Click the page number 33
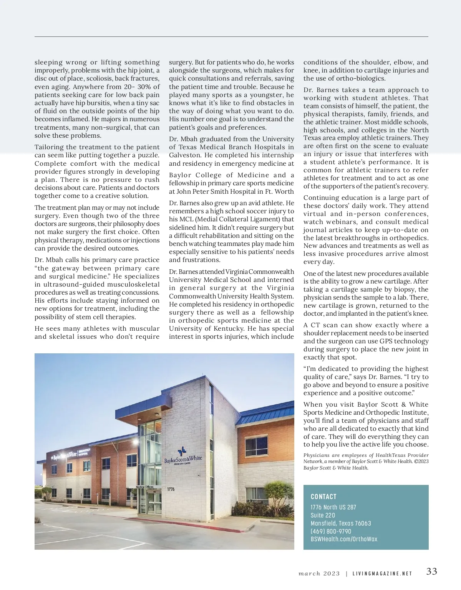(431, 571)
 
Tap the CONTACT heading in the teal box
(323, 496)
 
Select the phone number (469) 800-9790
(331, 531)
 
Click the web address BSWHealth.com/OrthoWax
(344, 539)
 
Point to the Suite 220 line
(323, 515)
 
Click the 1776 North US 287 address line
(333, 507)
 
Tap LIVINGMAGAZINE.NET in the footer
(382, 574)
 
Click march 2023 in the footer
(319, 574)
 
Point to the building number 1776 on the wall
(171, 489)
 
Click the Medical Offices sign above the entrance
(144, 487)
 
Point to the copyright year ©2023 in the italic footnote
(420, 461)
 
